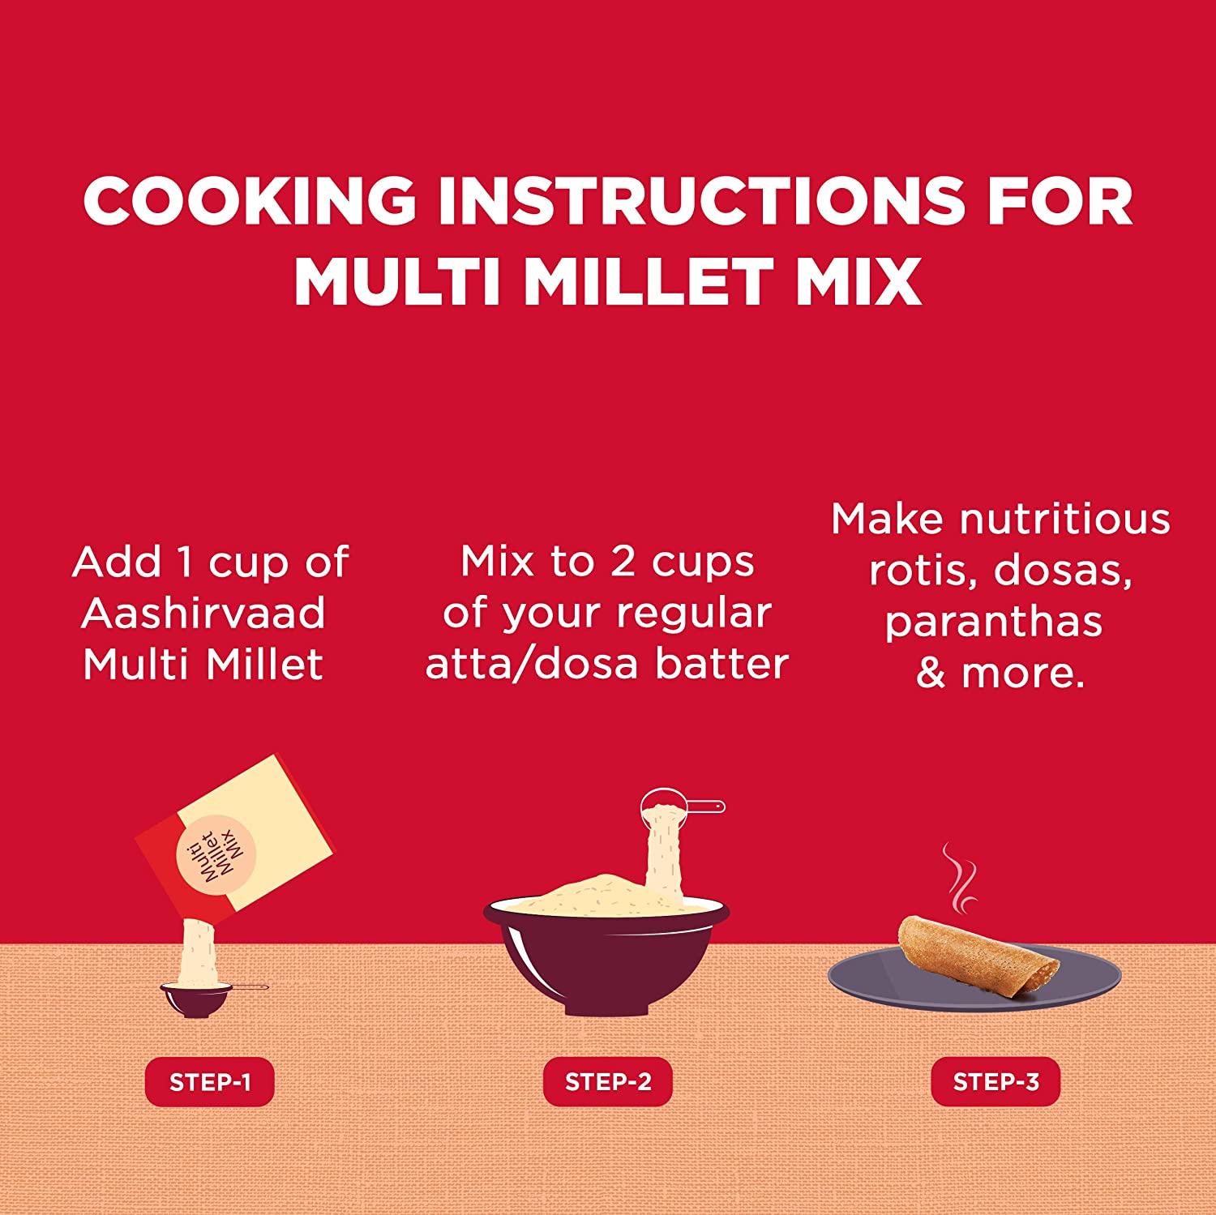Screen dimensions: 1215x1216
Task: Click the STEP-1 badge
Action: (210, 1082)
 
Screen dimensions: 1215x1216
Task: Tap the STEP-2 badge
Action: (608, 1082)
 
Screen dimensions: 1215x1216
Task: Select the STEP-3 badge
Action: (995, 1082)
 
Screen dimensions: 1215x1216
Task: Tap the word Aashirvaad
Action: (203, 613)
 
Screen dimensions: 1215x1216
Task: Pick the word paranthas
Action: (994, 622)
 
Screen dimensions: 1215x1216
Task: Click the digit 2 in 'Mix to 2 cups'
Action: (622, 562)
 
